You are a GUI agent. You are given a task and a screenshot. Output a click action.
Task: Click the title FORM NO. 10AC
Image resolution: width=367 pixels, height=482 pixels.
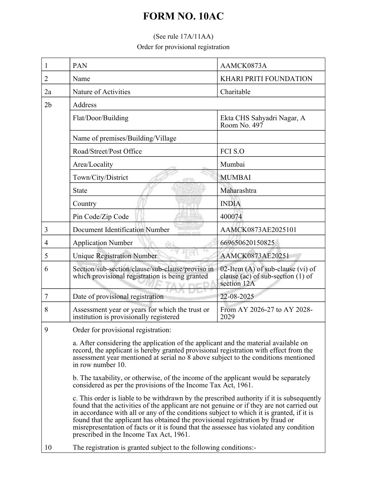click(183, 17)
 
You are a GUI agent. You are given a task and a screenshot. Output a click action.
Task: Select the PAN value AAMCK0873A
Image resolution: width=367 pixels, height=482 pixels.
click(243, 66)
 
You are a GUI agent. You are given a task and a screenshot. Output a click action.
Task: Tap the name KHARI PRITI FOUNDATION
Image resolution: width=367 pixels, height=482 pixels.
click(266, 79)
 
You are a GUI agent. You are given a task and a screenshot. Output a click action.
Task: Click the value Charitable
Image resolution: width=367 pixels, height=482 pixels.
click(235, 92)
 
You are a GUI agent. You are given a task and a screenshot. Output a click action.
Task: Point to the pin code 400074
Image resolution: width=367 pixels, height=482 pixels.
click(231, 217)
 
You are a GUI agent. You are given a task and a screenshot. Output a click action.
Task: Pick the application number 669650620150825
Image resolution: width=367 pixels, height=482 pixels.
click(247, 243)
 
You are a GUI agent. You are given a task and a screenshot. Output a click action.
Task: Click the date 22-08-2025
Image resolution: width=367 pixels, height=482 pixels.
click(237, 296)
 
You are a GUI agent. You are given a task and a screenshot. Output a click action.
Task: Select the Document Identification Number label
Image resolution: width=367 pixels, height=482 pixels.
click(121, 230)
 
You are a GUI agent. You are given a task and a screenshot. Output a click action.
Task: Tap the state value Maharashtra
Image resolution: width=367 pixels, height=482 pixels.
click(238, 190)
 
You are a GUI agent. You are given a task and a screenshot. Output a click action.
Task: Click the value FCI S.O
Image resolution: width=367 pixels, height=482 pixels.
click(232, 151)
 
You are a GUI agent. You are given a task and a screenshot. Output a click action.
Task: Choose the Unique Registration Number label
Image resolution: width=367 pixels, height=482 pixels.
click(115, 256)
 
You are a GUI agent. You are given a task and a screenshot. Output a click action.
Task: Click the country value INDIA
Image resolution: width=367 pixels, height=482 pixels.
click(230, 204)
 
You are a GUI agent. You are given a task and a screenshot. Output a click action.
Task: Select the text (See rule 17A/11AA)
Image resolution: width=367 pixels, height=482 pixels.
click(183, 37)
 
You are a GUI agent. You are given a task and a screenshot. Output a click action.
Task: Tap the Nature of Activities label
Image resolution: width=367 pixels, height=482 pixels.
click(102, 92)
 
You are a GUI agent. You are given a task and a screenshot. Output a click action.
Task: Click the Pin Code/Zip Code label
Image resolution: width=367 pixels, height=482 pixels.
click(101, 217)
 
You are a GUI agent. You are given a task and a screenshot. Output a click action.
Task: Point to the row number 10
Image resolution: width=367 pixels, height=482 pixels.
click(48, 447)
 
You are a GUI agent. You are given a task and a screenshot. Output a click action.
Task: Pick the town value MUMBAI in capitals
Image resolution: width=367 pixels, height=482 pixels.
click(236, 177)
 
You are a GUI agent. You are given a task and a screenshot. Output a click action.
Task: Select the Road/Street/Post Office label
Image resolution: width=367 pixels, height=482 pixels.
click(107, 151)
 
